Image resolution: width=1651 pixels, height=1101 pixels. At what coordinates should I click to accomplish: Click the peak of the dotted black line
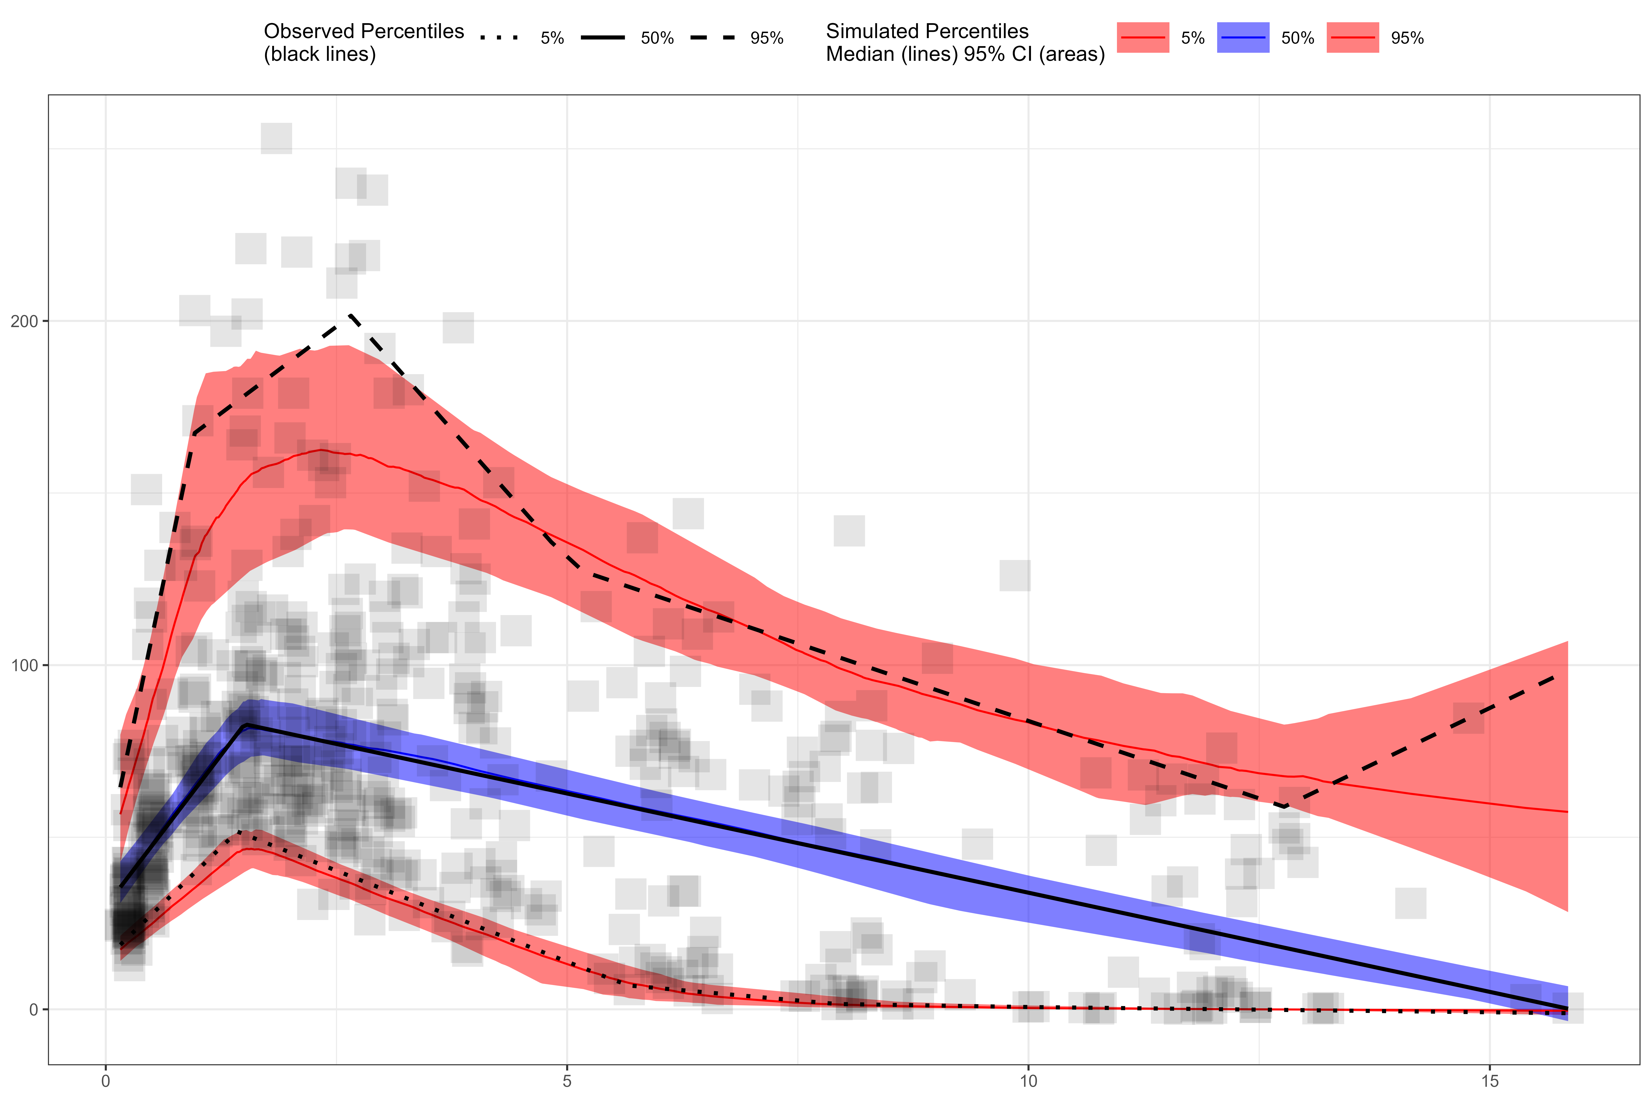point(242,833)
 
